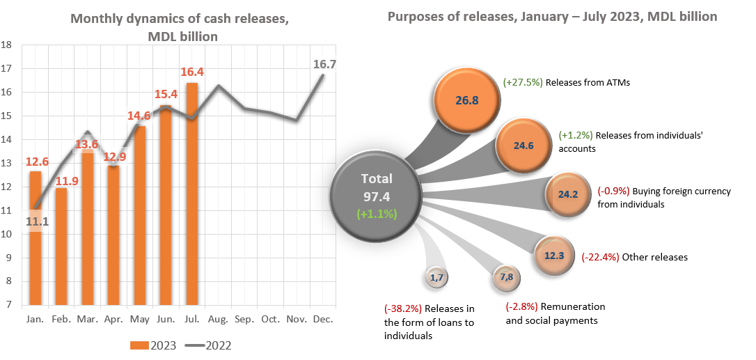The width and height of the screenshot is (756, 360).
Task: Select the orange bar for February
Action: [x=61, y=246]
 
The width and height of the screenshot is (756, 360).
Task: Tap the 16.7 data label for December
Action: [x=325, y=64]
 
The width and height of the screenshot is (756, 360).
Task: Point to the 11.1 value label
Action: [x=37, y=221]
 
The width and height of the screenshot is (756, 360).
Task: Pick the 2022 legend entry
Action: [x=208, y=345]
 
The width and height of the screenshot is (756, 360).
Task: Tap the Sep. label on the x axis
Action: [x=244, y=318]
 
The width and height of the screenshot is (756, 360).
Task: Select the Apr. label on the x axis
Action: [x=113, y=318]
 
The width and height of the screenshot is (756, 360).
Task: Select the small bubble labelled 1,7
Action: [x=437, y=277]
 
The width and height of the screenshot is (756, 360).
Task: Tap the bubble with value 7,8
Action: [x=506, y=277]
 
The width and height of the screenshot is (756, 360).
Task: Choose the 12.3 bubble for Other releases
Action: [x=554, y=256]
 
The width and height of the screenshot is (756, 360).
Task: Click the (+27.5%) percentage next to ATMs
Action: [x=522, y=82]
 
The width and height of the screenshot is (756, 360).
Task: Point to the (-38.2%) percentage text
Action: [x=403, y=309]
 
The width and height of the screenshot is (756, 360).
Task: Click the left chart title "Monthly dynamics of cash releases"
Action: [x=180, y=19]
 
